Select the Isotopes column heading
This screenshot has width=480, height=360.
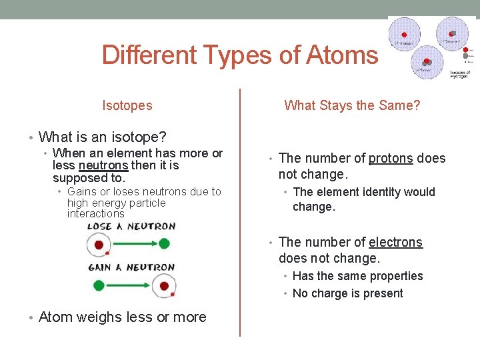(127, 105)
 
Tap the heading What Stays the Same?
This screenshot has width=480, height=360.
(352, 105)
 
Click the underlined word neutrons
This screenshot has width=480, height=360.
(103, 165)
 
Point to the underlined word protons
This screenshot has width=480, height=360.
(391, 158)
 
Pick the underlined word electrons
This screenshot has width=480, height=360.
(395, 242)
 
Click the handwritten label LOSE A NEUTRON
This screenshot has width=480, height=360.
(131, 226)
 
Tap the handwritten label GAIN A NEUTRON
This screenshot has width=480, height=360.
(131, 267)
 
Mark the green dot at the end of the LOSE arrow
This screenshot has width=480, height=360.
(164, 245)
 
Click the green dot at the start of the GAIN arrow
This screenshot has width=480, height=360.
(99, 286)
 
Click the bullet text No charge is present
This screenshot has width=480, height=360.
(347, 293)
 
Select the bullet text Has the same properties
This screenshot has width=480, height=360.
(357, 276)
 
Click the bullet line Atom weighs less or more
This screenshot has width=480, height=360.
(123, 317)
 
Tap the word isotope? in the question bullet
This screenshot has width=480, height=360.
(137, 137)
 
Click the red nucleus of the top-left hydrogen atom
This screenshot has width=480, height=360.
(404, 34)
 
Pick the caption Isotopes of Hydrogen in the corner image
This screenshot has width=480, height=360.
(460, 74)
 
